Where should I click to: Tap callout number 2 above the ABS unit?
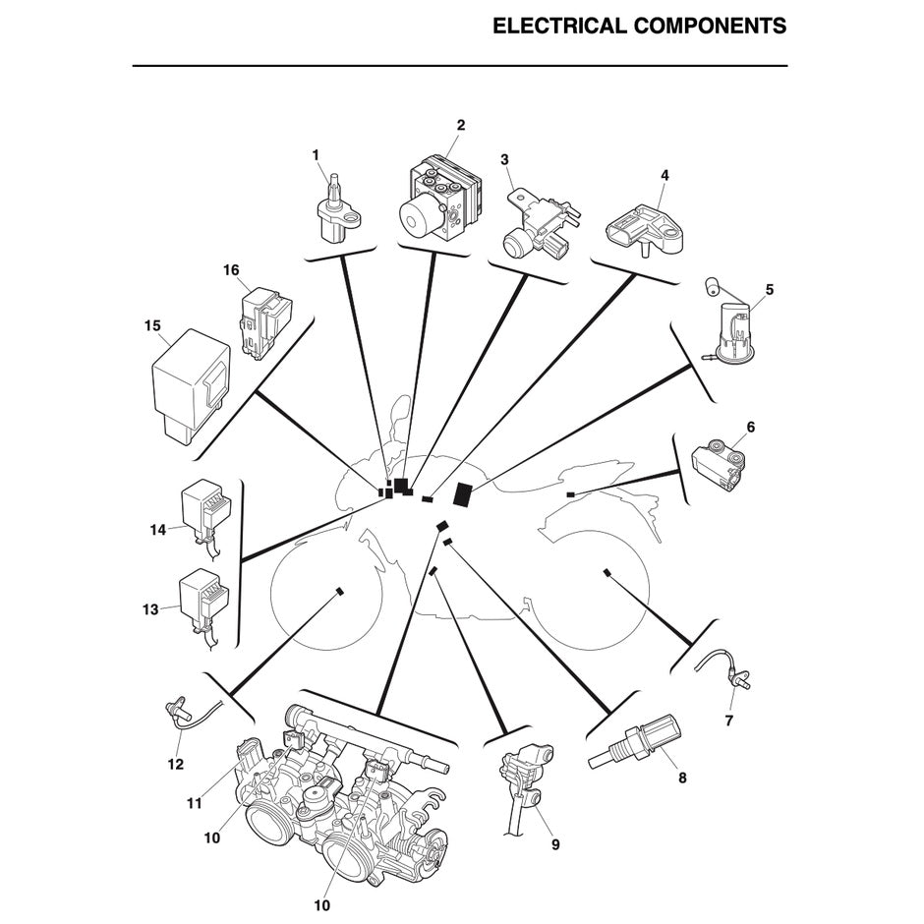coord(460,125)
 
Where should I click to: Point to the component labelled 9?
coord(525,786)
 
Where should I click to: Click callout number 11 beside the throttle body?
coord(195,803)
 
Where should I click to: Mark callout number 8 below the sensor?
coord(682,778)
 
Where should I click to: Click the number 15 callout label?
coord(151,325)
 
